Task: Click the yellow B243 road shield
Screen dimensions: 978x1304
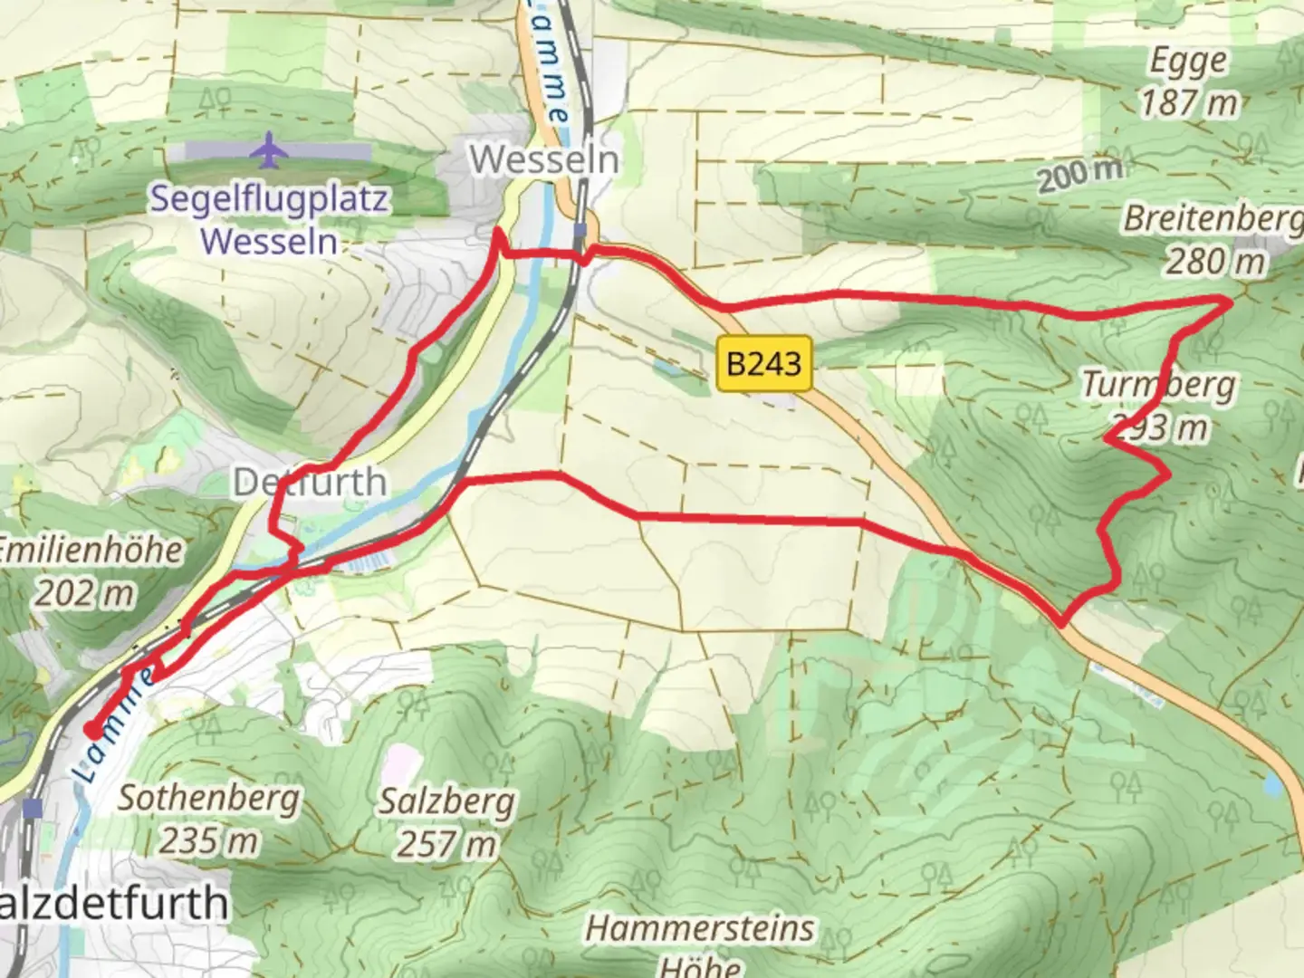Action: tap(763, 364)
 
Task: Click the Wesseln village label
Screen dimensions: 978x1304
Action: tap(544, 160)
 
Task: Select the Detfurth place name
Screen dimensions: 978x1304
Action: tap(310, 482)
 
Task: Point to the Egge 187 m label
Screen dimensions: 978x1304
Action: tap(1188, 82)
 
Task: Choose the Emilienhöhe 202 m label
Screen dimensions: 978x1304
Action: tap(89, 571)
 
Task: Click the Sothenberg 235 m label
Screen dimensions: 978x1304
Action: tap(208, 820)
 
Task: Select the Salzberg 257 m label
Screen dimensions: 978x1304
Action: tap(447, 823)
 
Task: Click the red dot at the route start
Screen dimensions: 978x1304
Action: tap(92, 730)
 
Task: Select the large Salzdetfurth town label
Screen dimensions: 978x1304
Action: tap(113, 904)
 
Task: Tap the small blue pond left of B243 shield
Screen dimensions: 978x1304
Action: tap(666, 368)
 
